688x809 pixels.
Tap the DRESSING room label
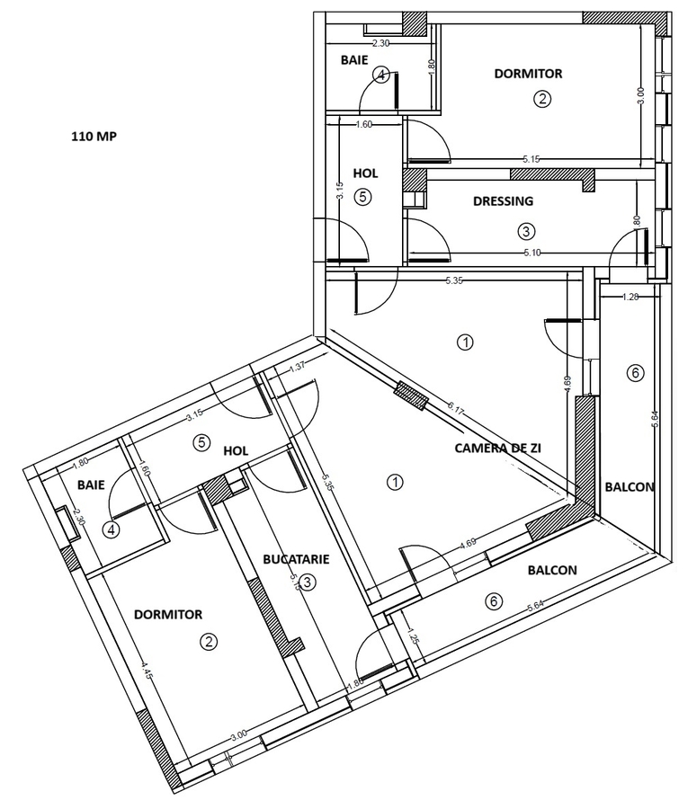503,201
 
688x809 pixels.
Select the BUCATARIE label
296,559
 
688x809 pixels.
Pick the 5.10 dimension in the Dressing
532,253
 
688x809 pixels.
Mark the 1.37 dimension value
299,369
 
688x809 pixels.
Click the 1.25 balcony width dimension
414,639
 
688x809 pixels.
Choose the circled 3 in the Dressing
526,231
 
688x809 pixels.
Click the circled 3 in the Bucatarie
307,582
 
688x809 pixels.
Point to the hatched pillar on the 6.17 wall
412,394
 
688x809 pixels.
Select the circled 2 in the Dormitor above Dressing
541,99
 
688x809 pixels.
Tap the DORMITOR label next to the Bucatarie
168,615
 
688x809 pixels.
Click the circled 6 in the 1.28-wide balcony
635,372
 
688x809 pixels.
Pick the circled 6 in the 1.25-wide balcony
492,602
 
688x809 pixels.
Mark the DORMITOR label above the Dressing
528,74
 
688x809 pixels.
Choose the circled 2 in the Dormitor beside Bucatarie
209,642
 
